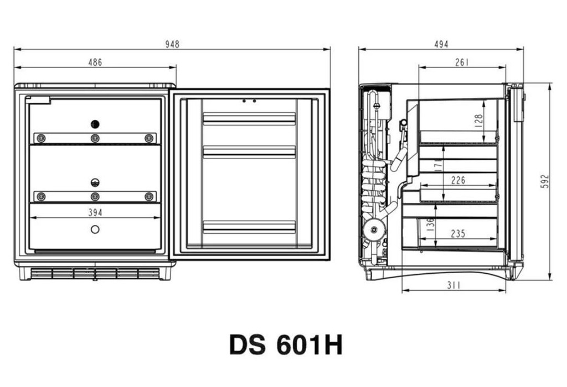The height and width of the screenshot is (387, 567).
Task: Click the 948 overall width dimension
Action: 172,44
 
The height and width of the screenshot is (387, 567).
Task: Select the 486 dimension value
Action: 95,62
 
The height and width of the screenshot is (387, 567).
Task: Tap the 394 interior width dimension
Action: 95,213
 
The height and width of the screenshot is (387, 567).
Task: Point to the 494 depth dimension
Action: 441,44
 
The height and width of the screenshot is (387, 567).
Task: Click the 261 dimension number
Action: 462,62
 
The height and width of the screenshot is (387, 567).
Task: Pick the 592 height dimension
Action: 545,181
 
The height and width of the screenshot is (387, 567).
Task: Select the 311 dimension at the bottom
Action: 454,285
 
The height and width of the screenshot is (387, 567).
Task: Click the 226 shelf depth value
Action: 458,180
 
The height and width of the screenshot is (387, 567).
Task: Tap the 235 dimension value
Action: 458,233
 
